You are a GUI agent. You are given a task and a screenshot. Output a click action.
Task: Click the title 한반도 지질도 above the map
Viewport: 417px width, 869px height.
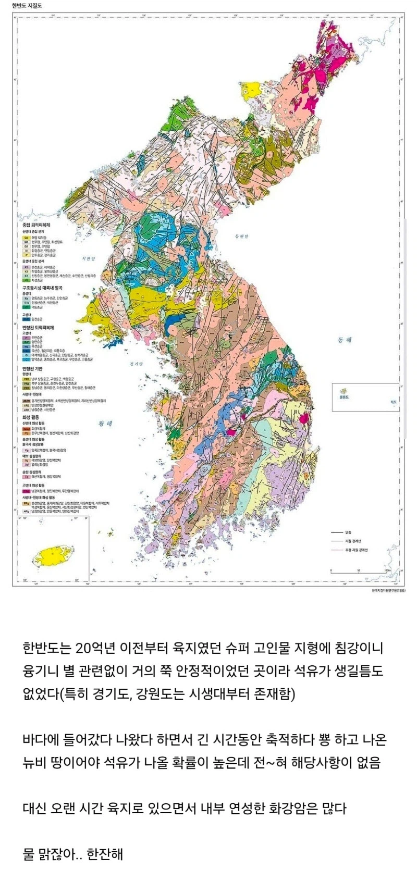(x=27, y=6)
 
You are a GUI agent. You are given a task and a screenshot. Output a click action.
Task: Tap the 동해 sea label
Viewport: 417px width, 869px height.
(x=345, y=339)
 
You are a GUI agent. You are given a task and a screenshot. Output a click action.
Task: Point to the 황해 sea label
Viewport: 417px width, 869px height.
(x=106, y=424)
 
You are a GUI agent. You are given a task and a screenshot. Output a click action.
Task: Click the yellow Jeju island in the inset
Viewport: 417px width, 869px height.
(x=53, y=555)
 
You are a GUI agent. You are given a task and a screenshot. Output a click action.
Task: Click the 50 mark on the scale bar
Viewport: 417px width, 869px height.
(x=359, y=570)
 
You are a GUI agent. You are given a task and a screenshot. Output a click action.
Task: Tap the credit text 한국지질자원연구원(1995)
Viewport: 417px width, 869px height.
(x=385, y=591)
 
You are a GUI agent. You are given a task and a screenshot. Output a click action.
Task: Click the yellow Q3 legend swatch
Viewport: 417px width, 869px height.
(x=25, y=237)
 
